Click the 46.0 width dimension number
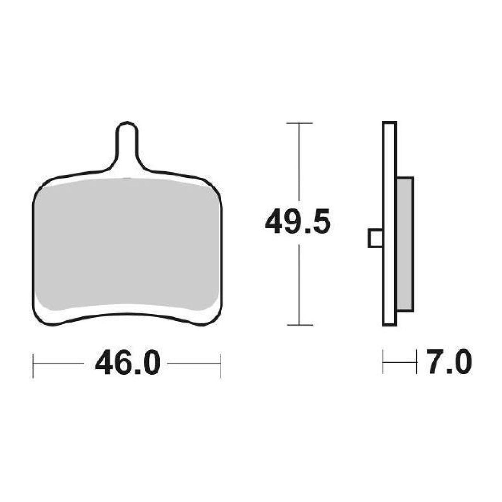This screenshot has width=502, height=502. click(x=127, y=364)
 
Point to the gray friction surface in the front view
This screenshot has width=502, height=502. click(x=127, y=244)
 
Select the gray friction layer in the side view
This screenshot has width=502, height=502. click(x=405, y=244)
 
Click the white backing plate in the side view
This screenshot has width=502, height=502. click(x=390, y=223)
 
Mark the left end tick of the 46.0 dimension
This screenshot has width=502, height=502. click(x=33, y=365)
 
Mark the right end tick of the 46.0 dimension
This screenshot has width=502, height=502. click(x=220, y=365)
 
